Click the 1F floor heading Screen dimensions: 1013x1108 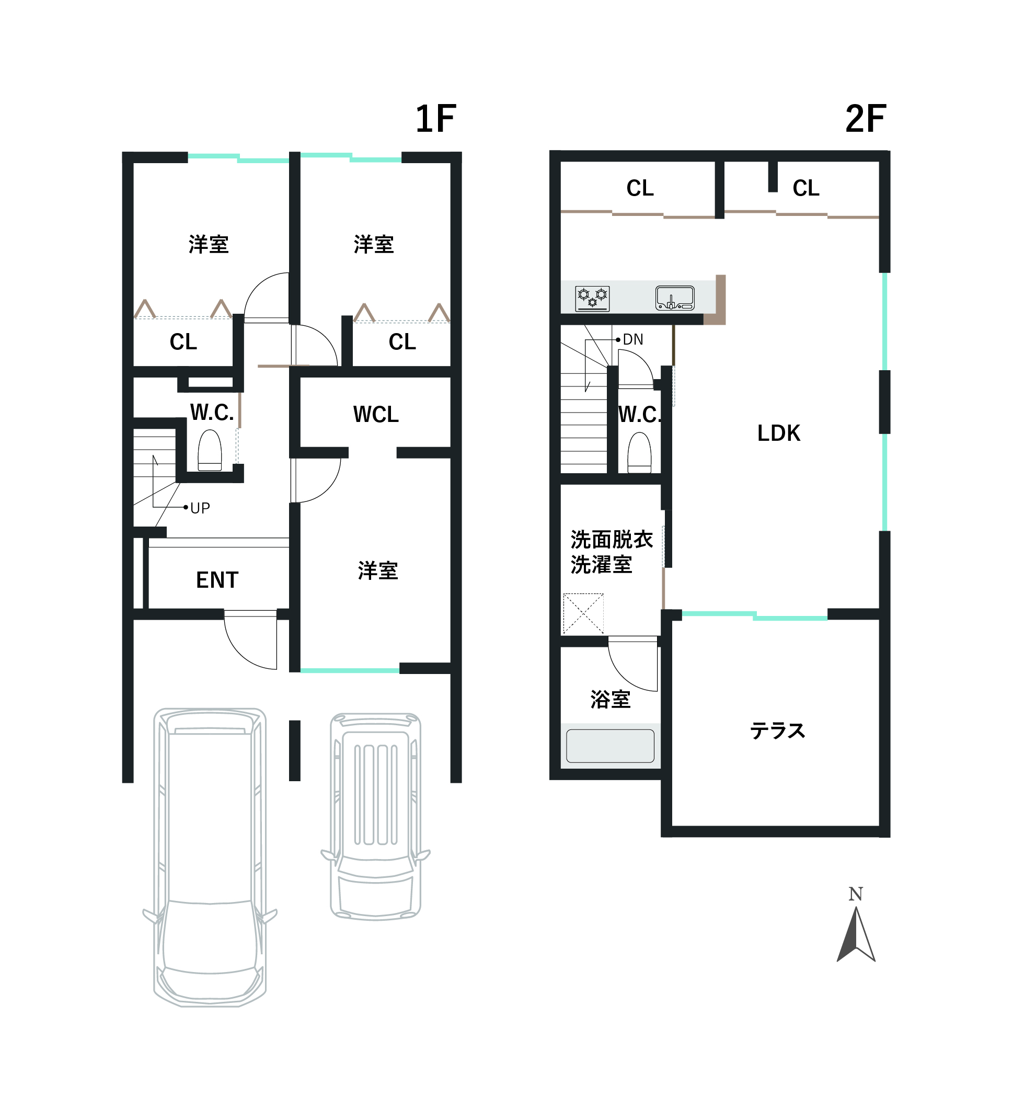pos(435,119)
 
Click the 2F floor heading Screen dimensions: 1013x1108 pos(866,119)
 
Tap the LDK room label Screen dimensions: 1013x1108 pos(778,433)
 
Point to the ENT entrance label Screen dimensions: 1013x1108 pos(217,580)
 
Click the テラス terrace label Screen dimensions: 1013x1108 pos(777,731)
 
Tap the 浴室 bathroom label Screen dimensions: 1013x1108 pos(611,700)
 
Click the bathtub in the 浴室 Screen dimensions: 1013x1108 pos(610,746)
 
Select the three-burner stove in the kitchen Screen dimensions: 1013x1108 pos(592,299)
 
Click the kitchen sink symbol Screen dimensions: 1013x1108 pos(675,298)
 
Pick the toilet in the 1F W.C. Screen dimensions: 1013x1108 pos(209,450)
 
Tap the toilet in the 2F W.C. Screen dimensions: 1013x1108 pos(639,453)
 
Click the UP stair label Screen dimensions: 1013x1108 pos(200,508)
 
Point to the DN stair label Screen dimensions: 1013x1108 pos(633,340)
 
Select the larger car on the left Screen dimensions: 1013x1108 pos(210,858)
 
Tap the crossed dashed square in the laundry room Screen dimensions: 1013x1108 pos(583,613)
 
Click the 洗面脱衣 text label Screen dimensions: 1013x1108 pos(612,540)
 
